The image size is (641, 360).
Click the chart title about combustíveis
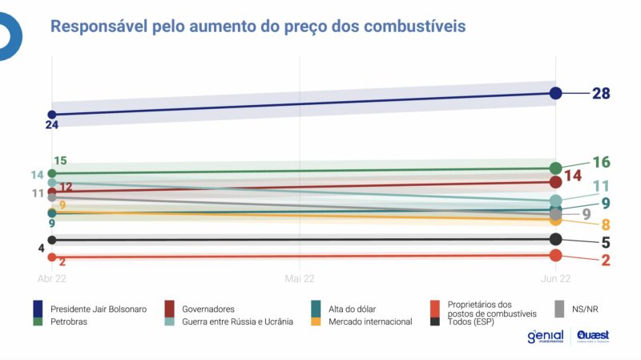[x=258, y=26]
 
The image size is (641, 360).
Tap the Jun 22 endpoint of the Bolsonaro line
[x=555, y=93]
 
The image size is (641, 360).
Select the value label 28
[x=601, y=94]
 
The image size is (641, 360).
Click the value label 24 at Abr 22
[x=52, y=126]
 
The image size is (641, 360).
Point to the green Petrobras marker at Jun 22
[x=555, y=168]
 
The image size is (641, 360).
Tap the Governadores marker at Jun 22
[x=555, y=182]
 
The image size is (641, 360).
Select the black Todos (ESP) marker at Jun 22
[x=555, y=239]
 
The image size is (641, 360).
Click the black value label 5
[x=607, y=242]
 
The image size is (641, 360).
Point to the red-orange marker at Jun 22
[x=555, y=255]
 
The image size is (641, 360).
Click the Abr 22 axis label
[x=51, y=278]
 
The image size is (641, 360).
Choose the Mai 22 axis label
[x=300, y=278]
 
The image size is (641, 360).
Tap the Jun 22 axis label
[x=554, y=278]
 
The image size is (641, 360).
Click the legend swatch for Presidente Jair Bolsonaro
[x=38, y=309]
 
